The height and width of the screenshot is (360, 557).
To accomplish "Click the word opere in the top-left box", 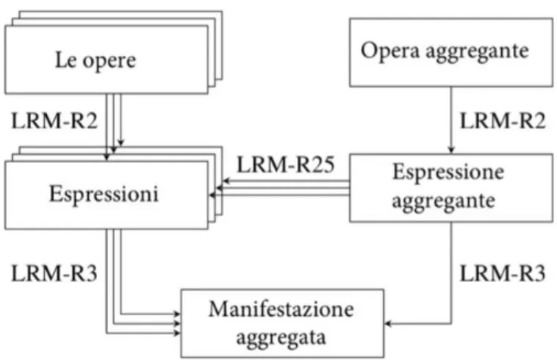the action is click(x=109, y=61).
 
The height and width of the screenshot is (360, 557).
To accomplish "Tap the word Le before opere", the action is click(x=66, y=60).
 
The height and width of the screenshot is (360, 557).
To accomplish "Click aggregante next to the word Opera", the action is click(x=477, y=52).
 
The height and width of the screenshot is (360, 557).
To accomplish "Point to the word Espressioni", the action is click(x=104, y=195).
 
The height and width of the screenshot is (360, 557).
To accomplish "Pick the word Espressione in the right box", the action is click(x=448, y=173).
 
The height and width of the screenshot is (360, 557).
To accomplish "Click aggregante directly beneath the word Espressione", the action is click(x=444, y=201).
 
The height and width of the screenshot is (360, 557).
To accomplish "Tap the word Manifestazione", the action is click(x=281, y=309).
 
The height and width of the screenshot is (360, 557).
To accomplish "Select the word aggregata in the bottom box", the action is click(x=281, y=338).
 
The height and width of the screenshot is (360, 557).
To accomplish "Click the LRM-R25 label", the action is click(x=286, y=165).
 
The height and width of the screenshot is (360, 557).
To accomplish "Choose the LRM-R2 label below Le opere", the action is click(x=54, y=120).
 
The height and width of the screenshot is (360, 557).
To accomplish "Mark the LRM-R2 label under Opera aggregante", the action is click(x=503, y=120).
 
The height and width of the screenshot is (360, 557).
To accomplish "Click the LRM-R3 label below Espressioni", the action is click(x=54, y=274).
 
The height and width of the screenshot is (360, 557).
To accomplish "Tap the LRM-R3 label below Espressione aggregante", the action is click(x=503, y=274).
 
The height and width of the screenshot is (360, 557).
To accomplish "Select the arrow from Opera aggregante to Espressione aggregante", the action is click(x=451, y=120).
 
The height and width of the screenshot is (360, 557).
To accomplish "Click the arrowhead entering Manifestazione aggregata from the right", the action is click(x=388, y=323).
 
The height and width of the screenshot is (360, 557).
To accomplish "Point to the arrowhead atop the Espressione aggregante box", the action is click(x=451, y=150).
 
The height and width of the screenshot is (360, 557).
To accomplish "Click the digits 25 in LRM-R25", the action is click(x=323, y=165).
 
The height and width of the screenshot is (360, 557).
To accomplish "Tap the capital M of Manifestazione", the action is click(x=218, y=309).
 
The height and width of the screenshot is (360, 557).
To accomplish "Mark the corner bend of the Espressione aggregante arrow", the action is click(x=451, y=323).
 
